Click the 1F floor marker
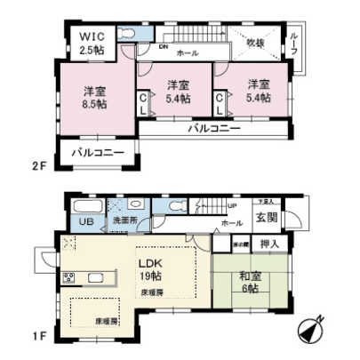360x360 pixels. (x=37, y=338)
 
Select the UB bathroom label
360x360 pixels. (x=87, y=222)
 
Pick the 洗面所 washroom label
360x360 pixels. (x=121, y=220)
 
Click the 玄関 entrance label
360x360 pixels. (x=267, y=219)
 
